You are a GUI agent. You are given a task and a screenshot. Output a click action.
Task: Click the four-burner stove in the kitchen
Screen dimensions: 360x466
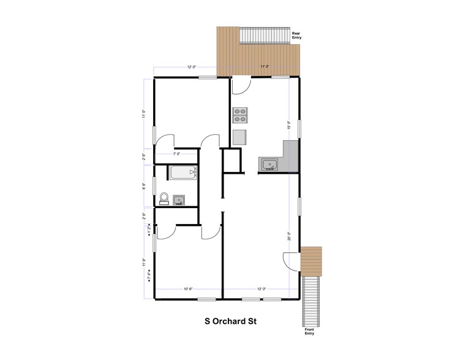pos(239,116)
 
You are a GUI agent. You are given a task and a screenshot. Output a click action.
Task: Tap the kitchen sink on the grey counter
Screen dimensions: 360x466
pos(269,164)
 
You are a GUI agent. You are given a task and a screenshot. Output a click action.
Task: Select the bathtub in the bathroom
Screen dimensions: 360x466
pos(182,173)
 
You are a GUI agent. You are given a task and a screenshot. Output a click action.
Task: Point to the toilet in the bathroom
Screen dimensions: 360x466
pos(163,197)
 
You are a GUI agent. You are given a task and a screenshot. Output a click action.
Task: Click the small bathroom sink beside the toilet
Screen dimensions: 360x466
pos(179,200)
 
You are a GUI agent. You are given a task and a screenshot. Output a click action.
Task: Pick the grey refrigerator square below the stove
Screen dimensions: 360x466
pos(239,136)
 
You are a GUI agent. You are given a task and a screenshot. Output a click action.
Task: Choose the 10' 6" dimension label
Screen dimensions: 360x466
pos(188,289)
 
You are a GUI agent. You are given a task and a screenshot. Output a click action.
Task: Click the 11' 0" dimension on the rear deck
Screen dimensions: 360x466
pos(265,66)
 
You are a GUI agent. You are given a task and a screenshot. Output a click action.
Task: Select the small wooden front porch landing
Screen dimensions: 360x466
pos(312,260)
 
